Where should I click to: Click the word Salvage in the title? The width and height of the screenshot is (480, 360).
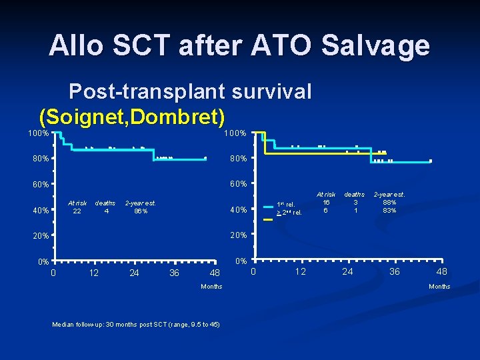375,45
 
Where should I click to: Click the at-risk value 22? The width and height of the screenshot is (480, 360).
77,211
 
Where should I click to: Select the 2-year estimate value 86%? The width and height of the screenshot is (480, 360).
140,211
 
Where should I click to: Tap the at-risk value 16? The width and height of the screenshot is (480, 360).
326,202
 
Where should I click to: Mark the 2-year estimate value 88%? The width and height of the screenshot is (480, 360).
389,202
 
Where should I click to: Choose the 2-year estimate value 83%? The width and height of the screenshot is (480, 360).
389,210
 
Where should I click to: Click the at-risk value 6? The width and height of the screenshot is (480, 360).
326,210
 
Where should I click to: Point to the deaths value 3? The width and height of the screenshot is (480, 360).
356,202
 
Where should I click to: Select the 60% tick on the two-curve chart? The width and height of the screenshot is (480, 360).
239,184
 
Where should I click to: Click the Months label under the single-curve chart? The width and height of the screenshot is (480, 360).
211,287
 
